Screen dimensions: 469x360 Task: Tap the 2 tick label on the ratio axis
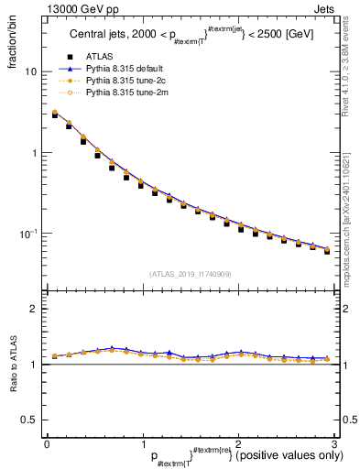(x=32, y=309)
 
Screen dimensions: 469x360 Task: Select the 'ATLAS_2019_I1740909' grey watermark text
(x=191, y=274)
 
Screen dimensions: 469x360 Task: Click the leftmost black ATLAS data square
(x=55, y=115)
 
